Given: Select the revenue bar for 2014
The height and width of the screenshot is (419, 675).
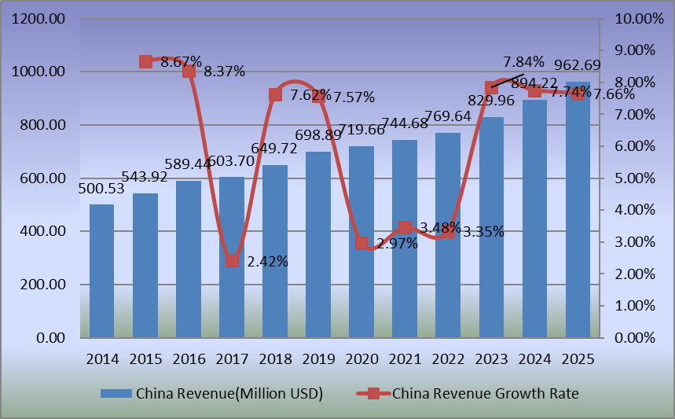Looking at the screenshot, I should (102, 271).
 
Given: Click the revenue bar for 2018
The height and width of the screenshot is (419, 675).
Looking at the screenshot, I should (275, 252).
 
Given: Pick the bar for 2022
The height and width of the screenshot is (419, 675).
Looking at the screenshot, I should (448, 236).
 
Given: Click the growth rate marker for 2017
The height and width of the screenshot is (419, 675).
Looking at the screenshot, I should (232, 260).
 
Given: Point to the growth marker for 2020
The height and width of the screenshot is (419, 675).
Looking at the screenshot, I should (361, 243).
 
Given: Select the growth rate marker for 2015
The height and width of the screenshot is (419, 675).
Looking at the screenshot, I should (145, 61).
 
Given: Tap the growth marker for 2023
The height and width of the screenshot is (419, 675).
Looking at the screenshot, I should (491, 88).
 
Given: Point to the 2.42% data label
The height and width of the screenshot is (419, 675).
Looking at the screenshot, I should (266, 262).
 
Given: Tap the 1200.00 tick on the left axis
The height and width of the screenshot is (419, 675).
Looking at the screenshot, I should (39, 19).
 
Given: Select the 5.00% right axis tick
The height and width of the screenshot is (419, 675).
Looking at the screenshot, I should (634, 178).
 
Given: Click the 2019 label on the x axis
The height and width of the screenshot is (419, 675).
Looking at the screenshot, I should (318, 358).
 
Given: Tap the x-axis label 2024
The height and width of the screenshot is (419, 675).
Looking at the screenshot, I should (534, 358).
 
